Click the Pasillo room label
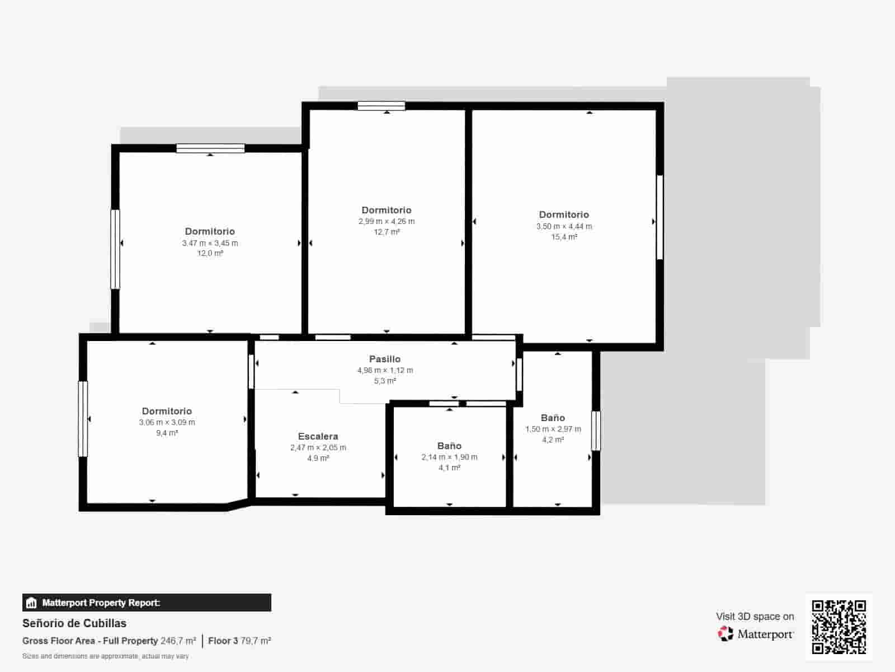coord(384,359)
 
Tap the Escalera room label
coord(318,436)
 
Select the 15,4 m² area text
coord(564,237)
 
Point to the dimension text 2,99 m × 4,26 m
coord(387,221)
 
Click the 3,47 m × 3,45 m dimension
coord(210,243)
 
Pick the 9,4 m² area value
coord(167,433)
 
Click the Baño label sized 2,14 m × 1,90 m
coord(449,446)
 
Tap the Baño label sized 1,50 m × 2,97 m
coord(553,418)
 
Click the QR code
coord(839,627)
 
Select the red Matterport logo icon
coord(726,634)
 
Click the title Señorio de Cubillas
coord(74,623)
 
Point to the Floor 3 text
coord(223,641)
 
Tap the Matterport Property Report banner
coord(147,603)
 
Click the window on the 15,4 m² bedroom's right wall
coord(660,217)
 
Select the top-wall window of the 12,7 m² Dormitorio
coord(381,106)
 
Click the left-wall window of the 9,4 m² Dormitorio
coord(83,419)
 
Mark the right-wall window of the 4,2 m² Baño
coord(596,431)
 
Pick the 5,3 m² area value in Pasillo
coord(385,381)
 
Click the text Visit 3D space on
coord(755,617)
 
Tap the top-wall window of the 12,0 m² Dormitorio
coord(210,148)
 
